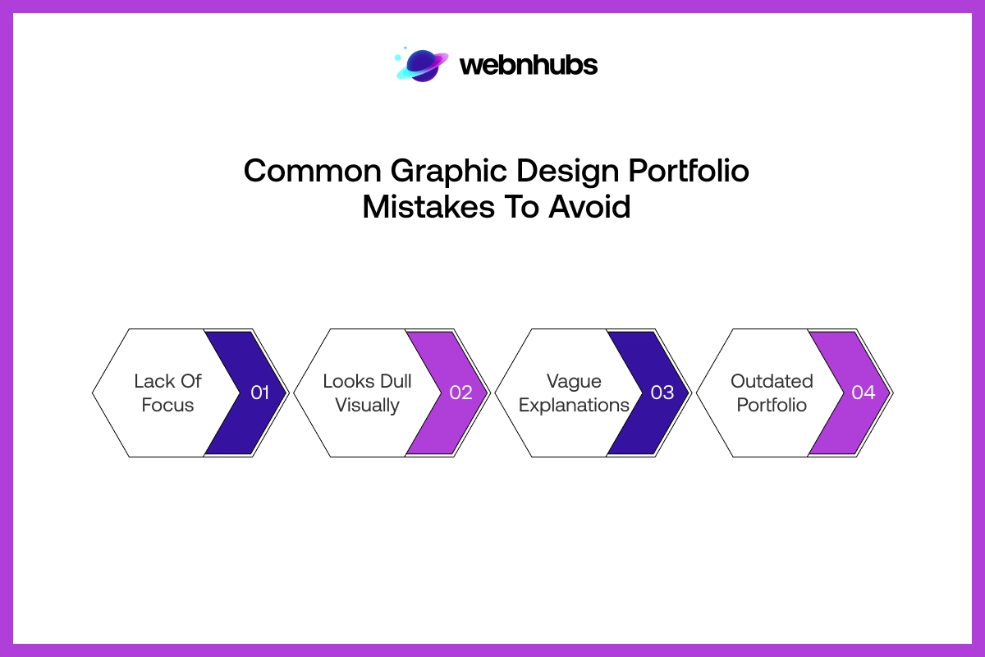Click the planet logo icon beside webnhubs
tap(423, 65)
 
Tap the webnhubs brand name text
tap(529, 65)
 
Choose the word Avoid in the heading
tap(590, 207)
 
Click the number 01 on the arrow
tap(259, 393)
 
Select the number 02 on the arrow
tap(460, 393)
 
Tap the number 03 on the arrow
tap(662, 393)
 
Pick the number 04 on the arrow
tap(863, 393)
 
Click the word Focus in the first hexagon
tap(167, 405)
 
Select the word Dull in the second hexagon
tap(396, 381)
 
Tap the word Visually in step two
tap(367, 405)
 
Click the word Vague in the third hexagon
tap(574, 381)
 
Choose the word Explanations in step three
tap(574, 405)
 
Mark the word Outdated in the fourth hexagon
tap(772, 381)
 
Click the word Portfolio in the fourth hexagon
tap(772, 405)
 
